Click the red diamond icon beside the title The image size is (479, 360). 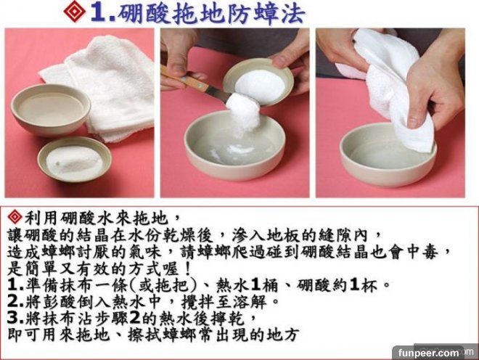pyautogui.click(x=74, y=12)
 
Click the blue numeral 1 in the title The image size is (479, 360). pyautogui.click(x=99, y=14)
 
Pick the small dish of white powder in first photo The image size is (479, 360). pyautogui.click(x=75, y=160)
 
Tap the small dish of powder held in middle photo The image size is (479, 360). pyautogui.click(x=258, y=82)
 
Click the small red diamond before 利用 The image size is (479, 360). pyautogui.click(x=15, y=217)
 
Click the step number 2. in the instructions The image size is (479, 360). pyautogui.click(x=15, y=301)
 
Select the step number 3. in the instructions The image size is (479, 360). pyautogui.click(x=15, y=318)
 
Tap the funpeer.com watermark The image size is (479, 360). pyautogui.click(x=429, y=353)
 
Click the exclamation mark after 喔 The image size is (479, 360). pyautogui.click(x=188, y=269)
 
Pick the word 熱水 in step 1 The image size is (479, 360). pyautogui.click(x=233, y=285)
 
